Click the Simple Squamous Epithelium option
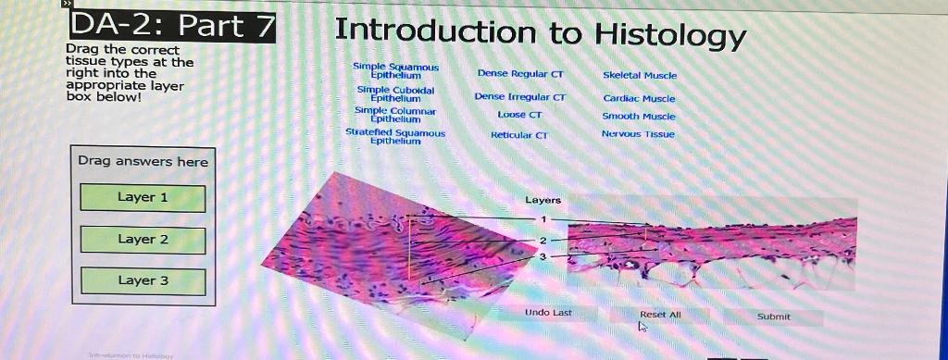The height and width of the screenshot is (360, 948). (395, 70)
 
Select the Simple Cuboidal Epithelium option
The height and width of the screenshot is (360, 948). (395, 93)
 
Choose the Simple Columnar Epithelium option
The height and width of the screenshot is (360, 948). (395, 114)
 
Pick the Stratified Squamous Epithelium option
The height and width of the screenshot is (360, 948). (395, 136)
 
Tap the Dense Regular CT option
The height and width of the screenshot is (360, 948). (520, 73)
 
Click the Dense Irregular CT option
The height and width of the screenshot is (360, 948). (519, 96)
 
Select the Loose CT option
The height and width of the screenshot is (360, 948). (519, 115)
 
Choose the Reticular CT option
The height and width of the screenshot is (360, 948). (519, 135)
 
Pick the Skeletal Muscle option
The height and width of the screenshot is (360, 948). (639, 75)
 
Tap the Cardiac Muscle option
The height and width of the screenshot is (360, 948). (639, 98)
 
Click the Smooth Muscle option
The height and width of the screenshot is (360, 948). (639, 117)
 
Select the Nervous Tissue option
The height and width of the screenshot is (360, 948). (639, 134)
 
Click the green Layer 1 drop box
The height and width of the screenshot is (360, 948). (143, 197)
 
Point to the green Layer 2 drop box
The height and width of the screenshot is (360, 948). (143, 240)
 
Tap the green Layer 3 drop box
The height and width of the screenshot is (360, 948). (143, 280)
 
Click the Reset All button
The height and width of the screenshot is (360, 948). (660, 315)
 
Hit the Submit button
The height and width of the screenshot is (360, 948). (773, 317)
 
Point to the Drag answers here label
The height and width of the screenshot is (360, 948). (143, 161)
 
